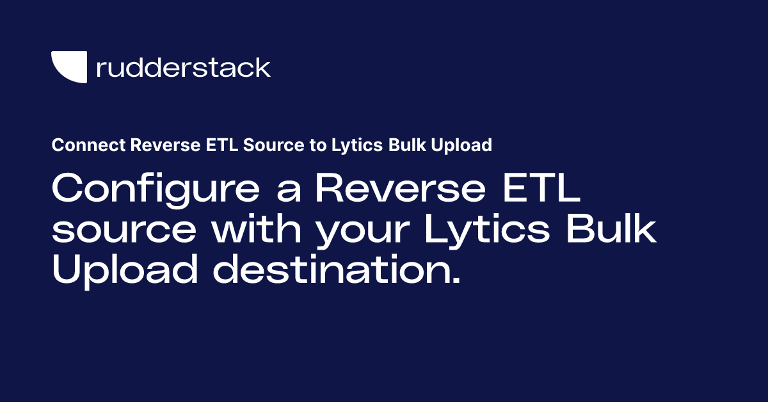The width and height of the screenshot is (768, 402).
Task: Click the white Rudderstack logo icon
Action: pyautogui.click(x=69, y=67)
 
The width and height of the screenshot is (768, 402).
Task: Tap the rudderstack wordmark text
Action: pyautogui.click(x=183, y=67)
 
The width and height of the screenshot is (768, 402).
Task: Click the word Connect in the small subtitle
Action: pyautogui.click(x=88, y=146)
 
